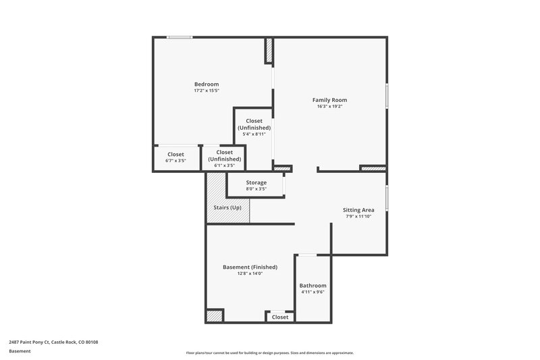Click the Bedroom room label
pos(207,84)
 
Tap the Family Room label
pos(329,100)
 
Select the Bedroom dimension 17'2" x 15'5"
pos(207,91)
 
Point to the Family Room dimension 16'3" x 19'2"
pos(329,107)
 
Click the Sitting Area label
pos(359,210)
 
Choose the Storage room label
pos(256,182)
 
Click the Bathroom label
pos(313,286)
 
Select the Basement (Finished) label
pos(250,267)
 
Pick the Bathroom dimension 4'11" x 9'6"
pos(313,292)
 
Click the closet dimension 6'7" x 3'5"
pos(175,161)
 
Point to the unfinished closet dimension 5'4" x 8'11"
pos(254,134)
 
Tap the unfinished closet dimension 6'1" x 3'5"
pos(224,165)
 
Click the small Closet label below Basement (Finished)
pos(279,317)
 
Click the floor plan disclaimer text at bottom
pos(270,353)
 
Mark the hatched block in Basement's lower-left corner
pos(215,315)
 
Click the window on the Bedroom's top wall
pos(180,37)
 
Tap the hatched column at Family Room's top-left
pos(269,51)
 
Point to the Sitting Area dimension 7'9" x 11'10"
pos(359,217)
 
